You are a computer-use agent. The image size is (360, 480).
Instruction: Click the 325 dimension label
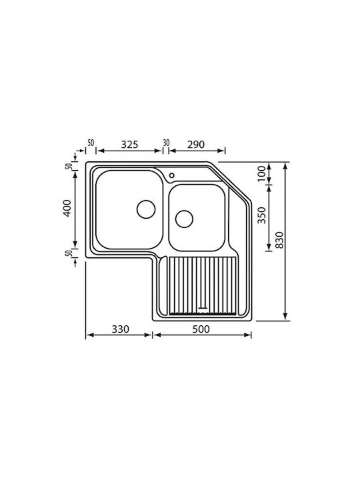129,144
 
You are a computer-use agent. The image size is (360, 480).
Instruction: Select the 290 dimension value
196,144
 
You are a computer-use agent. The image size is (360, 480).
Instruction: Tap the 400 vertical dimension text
67,208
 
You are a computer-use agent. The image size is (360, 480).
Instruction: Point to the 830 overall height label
279,240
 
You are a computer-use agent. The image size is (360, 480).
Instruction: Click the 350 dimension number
261,215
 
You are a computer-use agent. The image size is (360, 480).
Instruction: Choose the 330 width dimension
120,329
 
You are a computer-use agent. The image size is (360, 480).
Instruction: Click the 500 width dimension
201,329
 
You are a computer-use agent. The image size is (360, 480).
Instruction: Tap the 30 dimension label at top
166,143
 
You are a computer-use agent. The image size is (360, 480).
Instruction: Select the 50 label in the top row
91,143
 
